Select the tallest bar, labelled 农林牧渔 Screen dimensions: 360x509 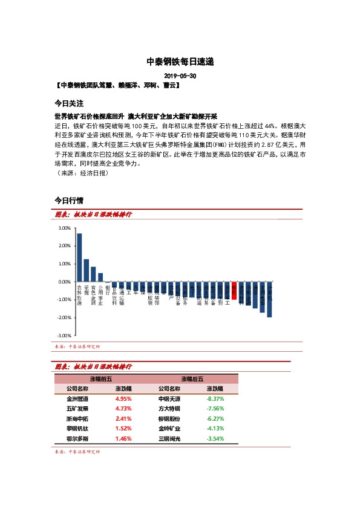tap(79, 258)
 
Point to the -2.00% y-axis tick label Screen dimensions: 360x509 tap(64, 317)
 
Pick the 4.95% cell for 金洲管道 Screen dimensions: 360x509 tap(123, 399)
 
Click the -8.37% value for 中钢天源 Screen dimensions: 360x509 tap(215, 399)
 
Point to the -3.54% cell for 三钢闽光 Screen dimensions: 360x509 tap(215, 438)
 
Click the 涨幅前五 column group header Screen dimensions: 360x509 tap(100, 378)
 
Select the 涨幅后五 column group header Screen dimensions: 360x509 tap(192, 378)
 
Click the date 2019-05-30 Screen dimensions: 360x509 tap(180, 77)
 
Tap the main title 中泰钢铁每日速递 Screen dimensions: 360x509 tap(180, 62)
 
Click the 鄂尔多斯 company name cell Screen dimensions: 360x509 tap(77, 438)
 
